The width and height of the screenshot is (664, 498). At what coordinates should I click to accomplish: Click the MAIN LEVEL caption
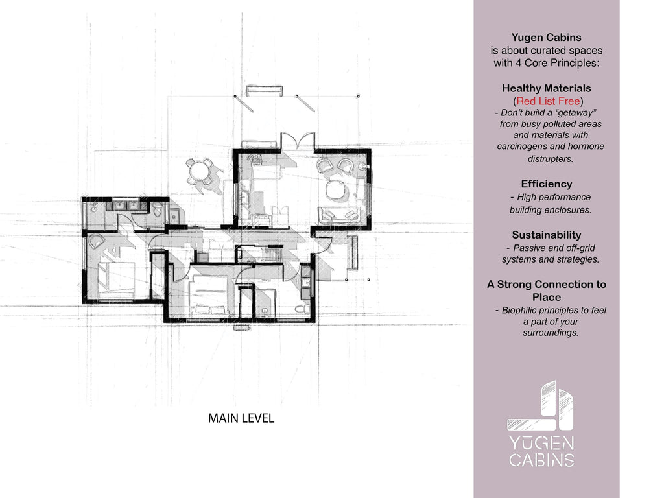(x=241, y=418)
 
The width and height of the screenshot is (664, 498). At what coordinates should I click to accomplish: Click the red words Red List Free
(x=548, y=101)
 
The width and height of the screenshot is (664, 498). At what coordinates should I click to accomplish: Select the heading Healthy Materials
(x=546, y=88)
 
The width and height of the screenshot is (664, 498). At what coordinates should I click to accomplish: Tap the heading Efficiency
(x=546, y=184)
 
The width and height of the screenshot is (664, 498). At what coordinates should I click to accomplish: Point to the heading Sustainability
(x=546, y=235)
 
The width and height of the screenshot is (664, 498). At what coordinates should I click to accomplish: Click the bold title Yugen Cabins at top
(x=546, y=37)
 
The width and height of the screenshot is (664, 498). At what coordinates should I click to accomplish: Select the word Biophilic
(x=519, y=311)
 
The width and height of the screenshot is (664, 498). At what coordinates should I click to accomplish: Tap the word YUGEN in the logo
(x=541, y=443)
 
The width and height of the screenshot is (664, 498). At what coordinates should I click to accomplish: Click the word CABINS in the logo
(x=541, y=460)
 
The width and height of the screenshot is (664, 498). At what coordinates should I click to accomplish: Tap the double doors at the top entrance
(x=298, y=140)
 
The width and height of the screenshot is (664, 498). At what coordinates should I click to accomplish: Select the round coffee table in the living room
(x=337, y=189)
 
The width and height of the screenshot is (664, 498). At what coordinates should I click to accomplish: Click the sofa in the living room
(x=340, y=214)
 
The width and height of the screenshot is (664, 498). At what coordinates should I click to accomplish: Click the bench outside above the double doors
(x=265, y=91)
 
